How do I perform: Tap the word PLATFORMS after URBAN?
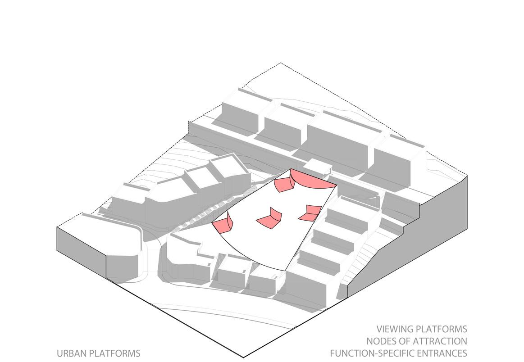(x=115, y=353)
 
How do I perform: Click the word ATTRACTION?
(x=441, y=341)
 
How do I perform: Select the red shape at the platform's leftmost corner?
(x=223, y=223)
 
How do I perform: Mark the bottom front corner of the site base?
(x=244, y=357)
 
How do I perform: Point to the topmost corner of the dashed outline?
(x=281, y=63)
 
